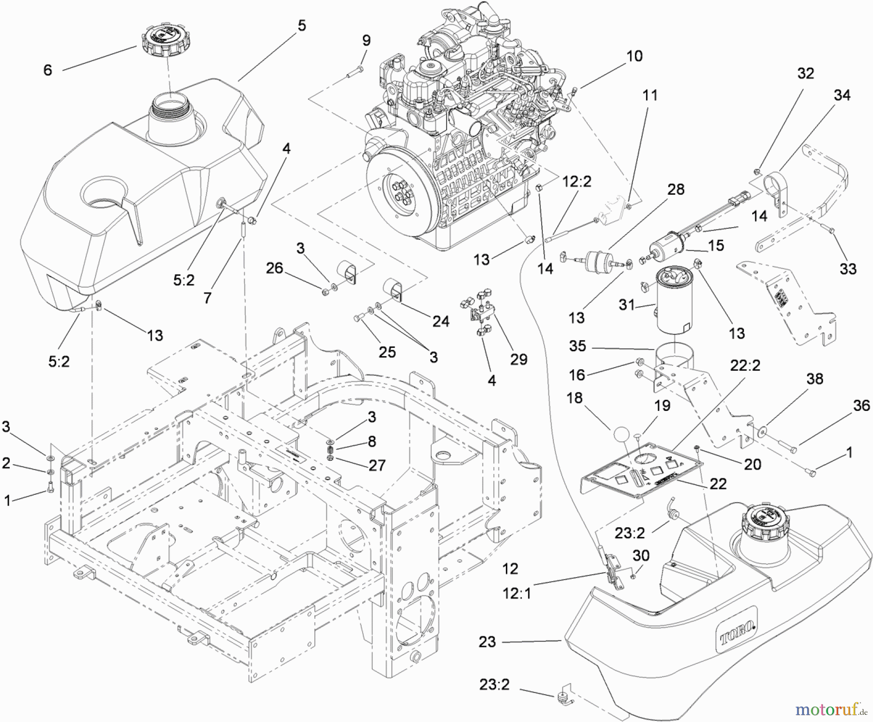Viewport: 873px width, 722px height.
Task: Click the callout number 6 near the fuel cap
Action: point(48,70)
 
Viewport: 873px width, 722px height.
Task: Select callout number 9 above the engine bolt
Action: point(366,41)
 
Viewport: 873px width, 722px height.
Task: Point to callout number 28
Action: point(676,189)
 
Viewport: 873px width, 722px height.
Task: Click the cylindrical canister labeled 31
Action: point(674,303)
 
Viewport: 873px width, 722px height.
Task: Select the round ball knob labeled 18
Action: point(623,434)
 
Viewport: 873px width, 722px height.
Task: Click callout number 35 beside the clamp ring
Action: point(578,346)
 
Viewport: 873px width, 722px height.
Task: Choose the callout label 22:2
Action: point(745,366)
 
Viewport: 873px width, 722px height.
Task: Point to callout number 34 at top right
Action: point(842,95)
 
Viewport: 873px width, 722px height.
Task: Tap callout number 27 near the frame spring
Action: point(377,465)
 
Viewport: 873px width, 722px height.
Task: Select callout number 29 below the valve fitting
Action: point(518,360)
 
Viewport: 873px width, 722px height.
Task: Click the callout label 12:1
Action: point(517,593)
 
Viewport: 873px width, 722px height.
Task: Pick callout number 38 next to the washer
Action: point(815,379)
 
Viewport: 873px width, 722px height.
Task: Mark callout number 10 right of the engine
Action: point(634,56)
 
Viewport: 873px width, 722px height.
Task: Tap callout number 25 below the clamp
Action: point(387,352)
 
